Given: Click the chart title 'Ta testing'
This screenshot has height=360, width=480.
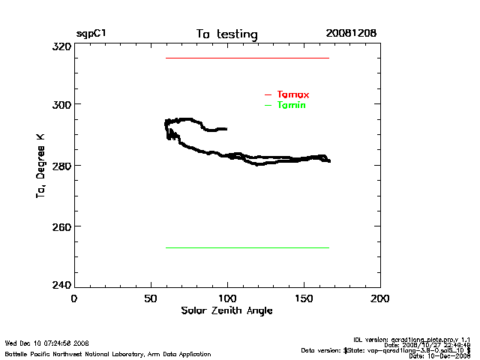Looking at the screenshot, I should tap(226, 34).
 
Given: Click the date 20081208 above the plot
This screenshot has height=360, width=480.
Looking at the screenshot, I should tap(351, 34).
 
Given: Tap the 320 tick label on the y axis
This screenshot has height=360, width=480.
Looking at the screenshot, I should tap(62, 46).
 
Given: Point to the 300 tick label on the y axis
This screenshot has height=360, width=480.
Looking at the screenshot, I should tap(62, 105).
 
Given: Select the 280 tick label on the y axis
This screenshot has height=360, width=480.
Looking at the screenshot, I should tap(62, 166).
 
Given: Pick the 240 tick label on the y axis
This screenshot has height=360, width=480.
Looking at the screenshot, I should tap(62, 285).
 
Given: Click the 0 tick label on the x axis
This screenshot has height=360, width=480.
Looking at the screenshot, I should tap(74, 298).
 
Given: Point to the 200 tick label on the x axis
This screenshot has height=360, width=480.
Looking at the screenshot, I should tap(380, 298).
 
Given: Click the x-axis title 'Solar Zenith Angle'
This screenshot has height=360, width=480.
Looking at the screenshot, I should tap(227, 310).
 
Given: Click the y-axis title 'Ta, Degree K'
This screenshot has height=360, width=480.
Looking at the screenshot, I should tap(40, 166).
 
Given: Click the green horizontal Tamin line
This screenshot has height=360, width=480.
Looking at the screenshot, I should tap(247, 247).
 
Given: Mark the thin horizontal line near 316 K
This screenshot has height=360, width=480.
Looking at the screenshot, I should tap(247, 58).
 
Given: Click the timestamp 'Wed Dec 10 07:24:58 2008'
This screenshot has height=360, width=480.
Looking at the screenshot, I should tap(46, 343).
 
